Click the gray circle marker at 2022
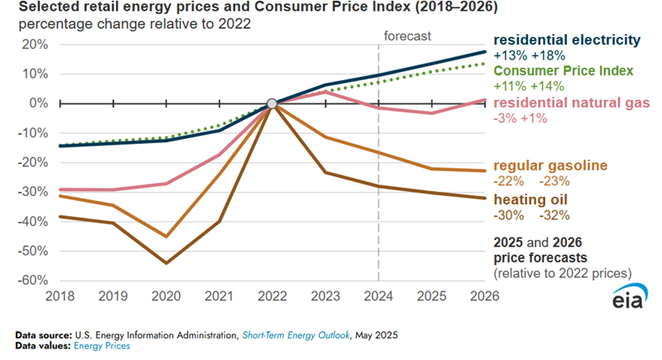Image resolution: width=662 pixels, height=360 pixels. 271,104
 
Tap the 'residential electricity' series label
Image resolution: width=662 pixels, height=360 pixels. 567,40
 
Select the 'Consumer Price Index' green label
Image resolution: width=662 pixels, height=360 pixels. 563,70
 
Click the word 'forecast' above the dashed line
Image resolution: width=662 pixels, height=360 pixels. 407,36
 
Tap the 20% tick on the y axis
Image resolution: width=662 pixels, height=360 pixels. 33,45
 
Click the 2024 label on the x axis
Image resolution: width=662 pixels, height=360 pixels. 378,296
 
